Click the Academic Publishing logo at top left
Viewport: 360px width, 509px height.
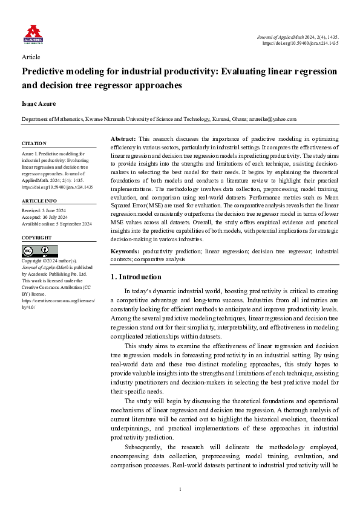(33, 34)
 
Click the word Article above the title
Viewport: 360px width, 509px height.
(31, 57)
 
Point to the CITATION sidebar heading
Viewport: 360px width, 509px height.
(34, 143)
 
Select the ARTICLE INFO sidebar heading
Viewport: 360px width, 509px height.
(39, 200)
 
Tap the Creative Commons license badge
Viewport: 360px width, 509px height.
(39, 251)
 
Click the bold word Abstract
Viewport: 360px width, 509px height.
(123, 140)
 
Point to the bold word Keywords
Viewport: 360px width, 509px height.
(125, 251)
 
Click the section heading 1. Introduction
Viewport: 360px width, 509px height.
(136, 277)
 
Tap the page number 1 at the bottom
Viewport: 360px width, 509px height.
(180, 488)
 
